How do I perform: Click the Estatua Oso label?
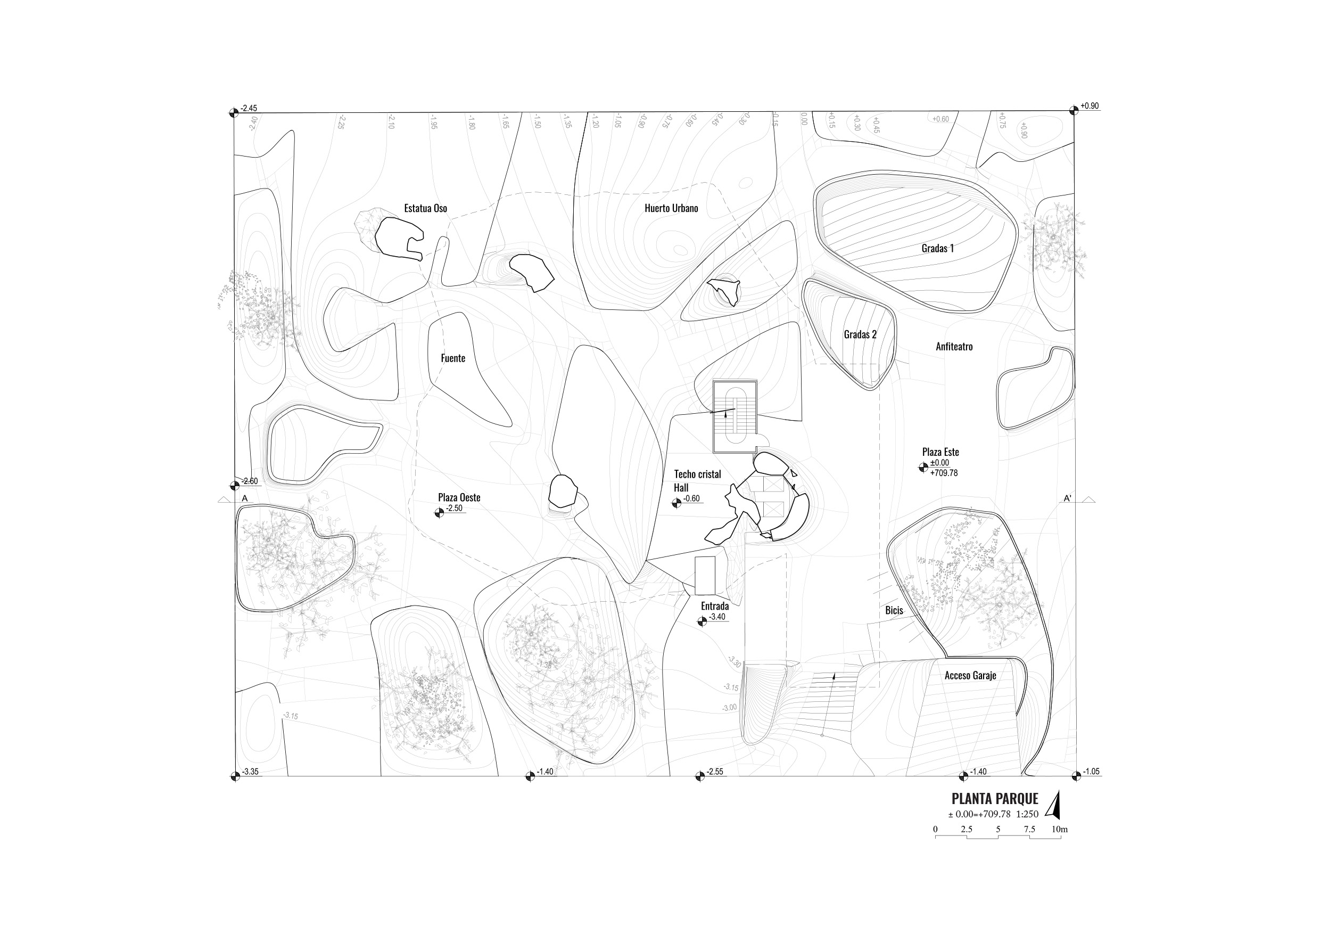(425, 208)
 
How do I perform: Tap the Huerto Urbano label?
(671, 208)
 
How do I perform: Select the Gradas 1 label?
(938, 249)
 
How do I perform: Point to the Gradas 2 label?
(860, 334)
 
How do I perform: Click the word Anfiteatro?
(954, 347)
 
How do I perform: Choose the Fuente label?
(453, 358)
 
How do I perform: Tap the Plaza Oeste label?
(459, 497)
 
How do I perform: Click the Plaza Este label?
(940, 452)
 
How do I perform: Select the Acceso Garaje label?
(970, 676)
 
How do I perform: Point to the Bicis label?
(894, 610)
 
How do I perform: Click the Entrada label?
(715, 606)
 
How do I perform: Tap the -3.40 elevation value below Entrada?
(717, 617)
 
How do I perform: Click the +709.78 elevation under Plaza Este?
(944, 473)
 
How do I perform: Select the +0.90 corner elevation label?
(1090, 106)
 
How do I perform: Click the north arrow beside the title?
(1053, 805)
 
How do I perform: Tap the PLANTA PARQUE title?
(995, 799)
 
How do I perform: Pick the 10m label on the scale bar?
(1060, 829)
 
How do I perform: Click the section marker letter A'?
(1067, 498)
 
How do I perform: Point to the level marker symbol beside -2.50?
(439, 512)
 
